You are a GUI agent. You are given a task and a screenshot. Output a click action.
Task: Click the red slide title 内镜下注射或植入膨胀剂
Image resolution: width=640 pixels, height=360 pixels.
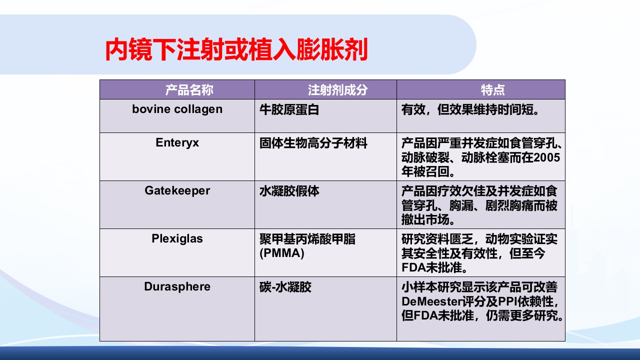(236, 49)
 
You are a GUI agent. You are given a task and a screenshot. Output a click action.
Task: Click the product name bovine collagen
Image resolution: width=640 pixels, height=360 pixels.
(177, 109)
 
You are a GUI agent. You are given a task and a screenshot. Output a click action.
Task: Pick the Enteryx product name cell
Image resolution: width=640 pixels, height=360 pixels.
(177, 142)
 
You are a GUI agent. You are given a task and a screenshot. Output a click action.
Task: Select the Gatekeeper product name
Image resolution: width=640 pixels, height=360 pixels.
(177, 190)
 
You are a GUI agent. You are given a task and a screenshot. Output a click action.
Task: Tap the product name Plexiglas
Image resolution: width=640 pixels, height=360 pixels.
(177, 238)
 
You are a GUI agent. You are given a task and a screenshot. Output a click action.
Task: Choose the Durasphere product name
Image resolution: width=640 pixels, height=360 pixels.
(177, 286)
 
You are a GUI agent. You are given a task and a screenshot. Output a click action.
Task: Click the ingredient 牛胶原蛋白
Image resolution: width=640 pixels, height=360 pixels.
(289, 109)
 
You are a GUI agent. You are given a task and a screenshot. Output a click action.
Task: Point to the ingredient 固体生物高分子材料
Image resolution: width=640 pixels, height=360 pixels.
(313, 143)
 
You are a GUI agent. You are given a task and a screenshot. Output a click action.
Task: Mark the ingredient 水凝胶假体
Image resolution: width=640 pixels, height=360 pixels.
(289, 191)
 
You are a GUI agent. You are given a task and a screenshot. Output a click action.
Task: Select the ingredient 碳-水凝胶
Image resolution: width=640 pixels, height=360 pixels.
(285, 287)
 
